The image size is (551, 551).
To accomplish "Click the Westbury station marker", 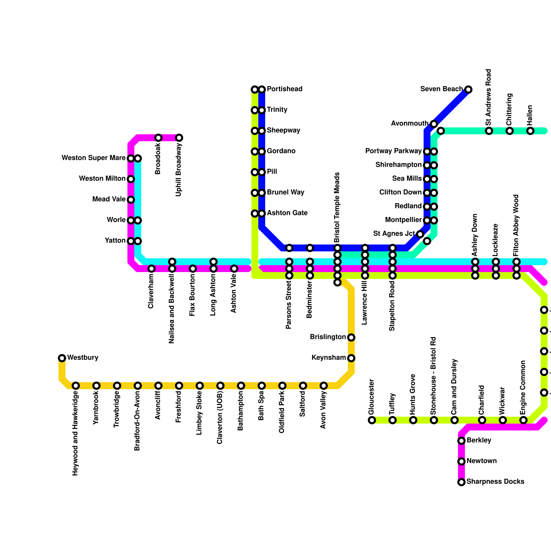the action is (x=62, y=358).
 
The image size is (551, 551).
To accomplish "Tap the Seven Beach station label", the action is (x=441, y=89).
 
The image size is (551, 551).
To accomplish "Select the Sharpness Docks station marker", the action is (x=461, y=482).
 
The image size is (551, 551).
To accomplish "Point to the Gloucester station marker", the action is (x=372, y=420).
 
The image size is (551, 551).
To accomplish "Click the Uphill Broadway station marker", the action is (x=179, y=138).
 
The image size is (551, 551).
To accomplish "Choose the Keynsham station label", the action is (x=329, y=358).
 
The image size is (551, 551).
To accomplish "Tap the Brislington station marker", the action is (x=351, y=337).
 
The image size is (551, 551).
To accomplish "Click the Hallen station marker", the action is (x=530, y=131).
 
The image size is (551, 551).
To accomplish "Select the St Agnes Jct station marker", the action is (x=420, y=234).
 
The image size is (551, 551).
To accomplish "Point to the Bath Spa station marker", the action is (x=262, y=386).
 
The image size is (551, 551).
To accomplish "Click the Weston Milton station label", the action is (x=102, y=179).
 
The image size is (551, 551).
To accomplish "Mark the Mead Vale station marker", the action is (x=131, y=200).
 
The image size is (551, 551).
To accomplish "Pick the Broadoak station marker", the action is (x=158, y=138).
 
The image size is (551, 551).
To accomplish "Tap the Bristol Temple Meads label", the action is (x=337, y=207).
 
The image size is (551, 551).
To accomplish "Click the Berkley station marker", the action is (x=461, y=441).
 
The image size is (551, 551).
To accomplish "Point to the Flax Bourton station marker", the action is (x=193, y=269).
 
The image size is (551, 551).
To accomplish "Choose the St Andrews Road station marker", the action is (x=489, y=131).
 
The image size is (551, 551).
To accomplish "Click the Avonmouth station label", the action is (x=409, y=124).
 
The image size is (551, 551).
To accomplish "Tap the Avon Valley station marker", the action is (x=324, y=386).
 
